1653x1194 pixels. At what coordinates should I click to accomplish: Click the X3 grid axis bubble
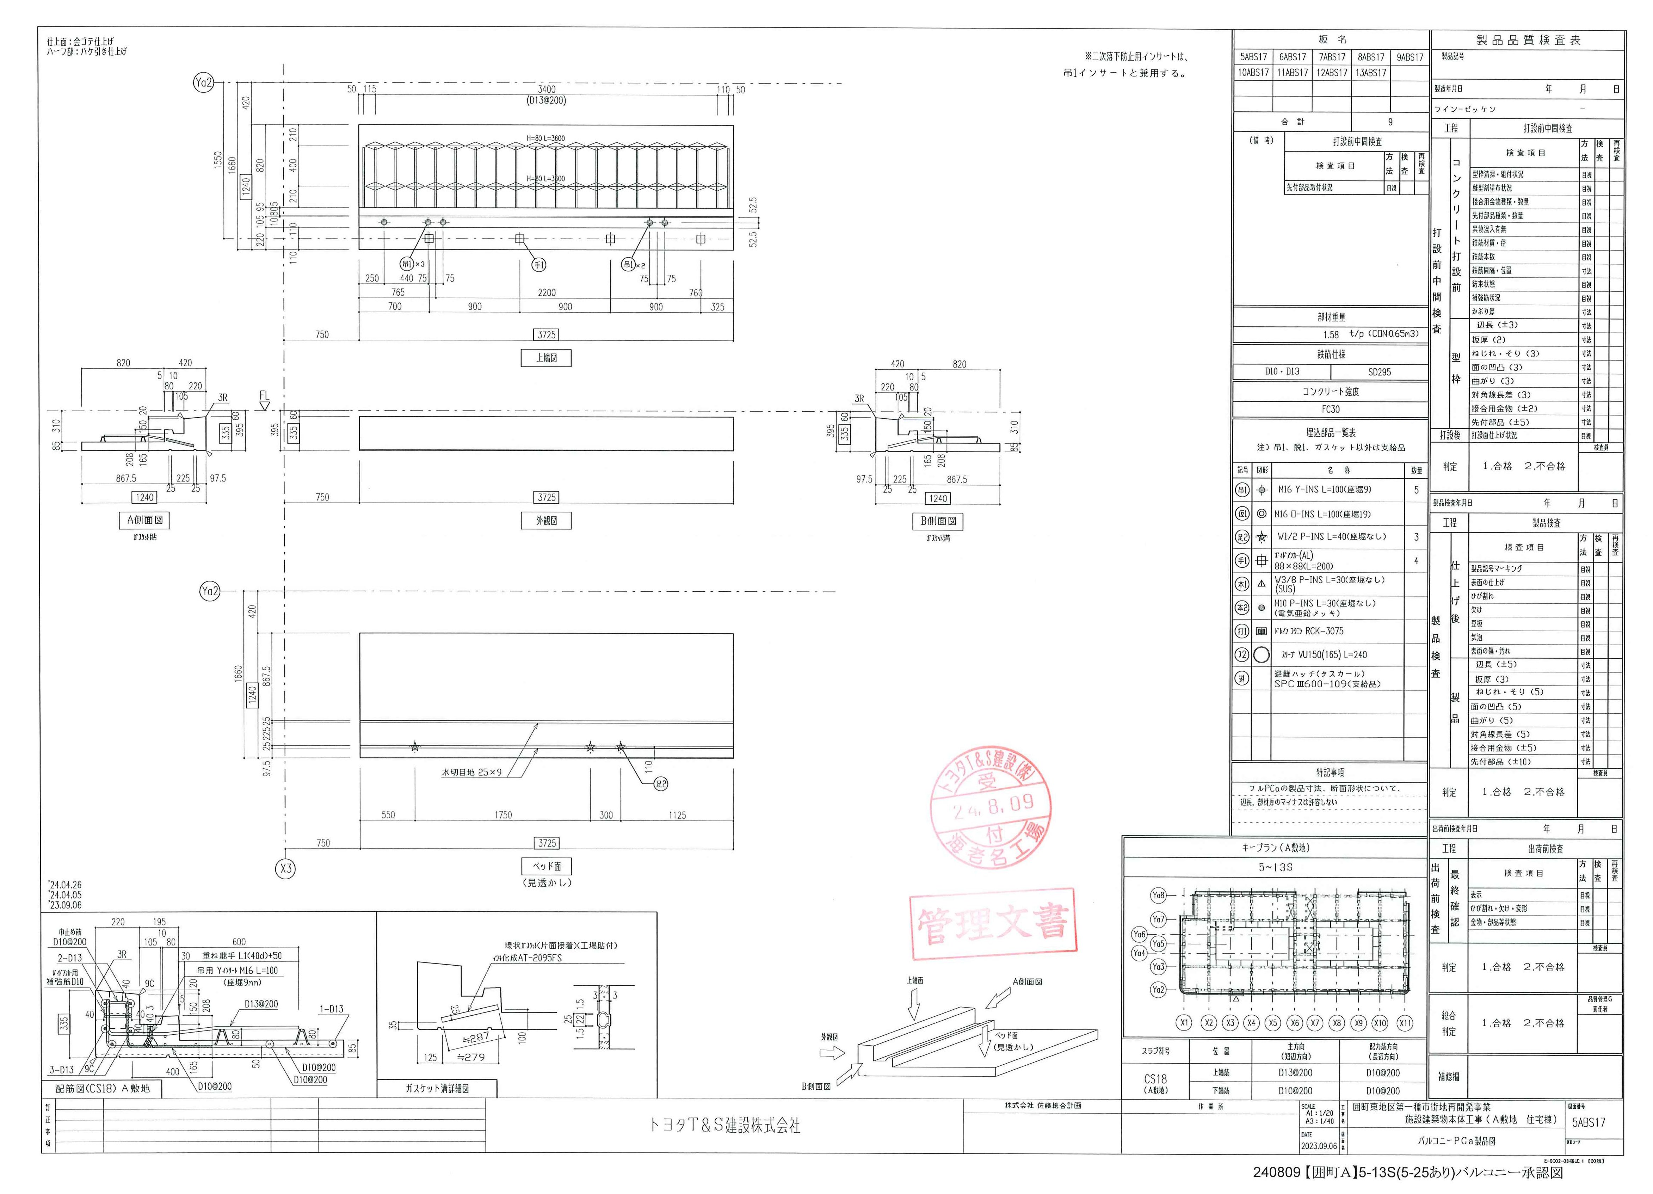click(x=286, y=868)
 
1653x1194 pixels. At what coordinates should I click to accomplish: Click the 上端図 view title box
click(x=546, y=358)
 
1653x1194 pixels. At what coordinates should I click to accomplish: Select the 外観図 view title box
click(x=546, y=521)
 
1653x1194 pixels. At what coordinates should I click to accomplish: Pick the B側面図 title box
click(x=938, y=521)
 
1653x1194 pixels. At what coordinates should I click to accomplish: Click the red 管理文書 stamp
click(x=993, y=924)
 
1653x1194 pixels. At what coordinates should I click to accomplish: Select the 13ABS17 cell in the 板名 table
click(x=1370, y=73)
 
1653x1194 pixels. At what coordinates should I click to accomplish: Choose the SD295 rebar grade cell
click(x=1379, y=372)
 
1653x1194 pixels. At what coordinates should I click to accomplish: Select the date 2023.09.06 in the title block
click(x=1318, y=1146)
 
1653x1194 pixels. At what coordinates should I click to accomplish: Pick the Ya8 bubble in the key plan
click(x=1158, y=895)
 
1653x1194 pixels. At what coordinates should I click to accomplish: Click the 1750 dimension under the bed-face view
click(x=503, y=815)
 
